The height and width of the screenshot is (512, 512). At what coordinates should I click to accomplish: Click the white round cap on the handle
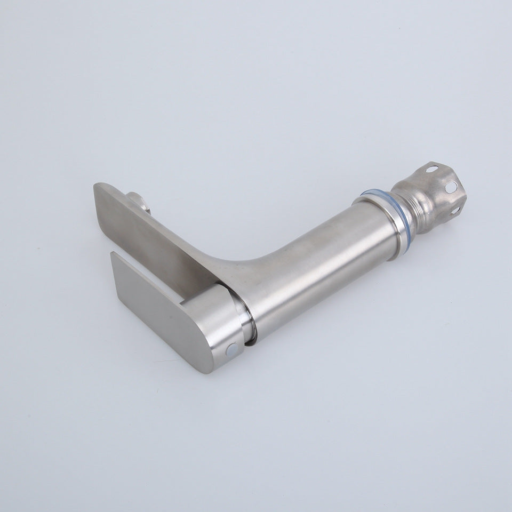[x=233, y=349]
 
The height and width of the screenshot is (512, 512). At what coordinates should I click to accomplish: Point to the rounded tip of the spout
[x=101, y=189]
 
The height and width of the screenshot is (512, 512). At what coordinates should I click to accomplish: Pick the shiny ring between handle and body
[x=246, y=320]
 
